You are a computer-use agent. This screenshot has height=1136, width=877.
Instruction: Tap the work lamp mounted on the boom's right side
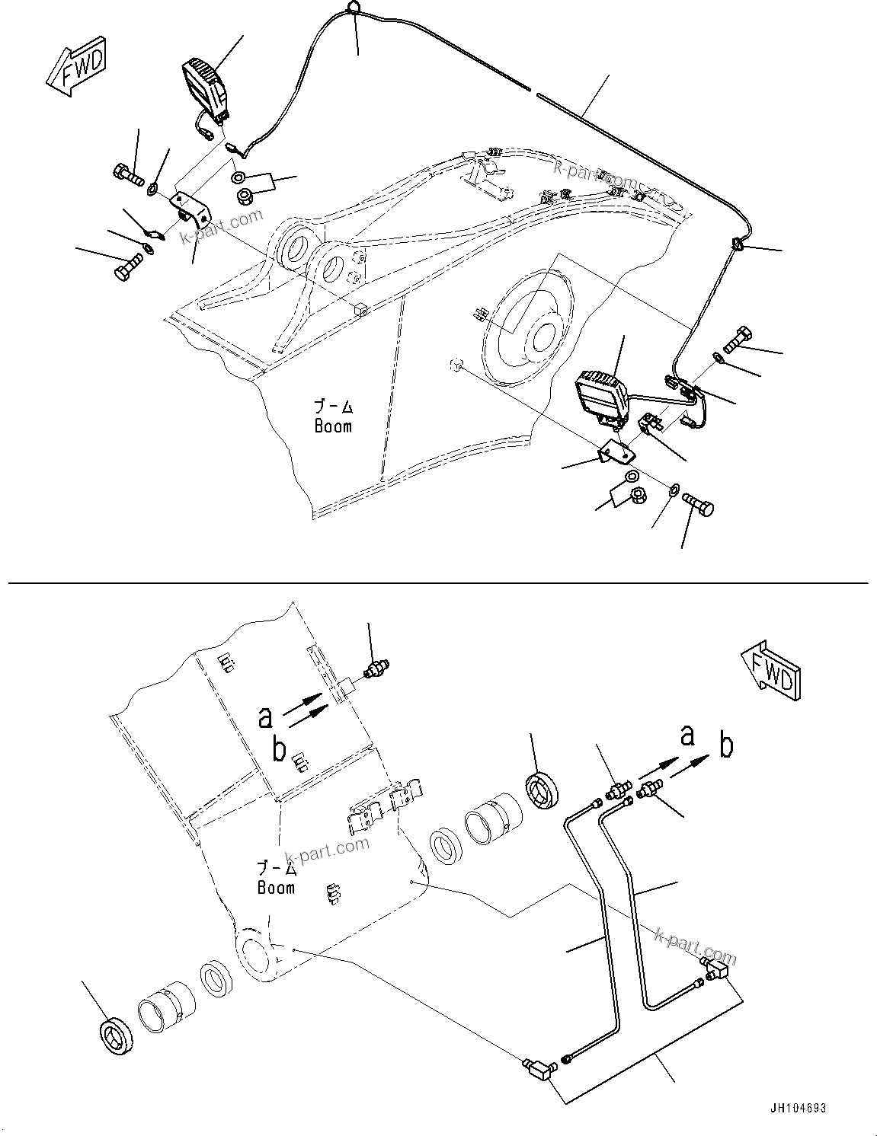(603, 396)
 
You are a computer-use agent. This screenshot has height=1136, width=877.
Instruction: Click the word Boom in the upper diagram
(333, 426)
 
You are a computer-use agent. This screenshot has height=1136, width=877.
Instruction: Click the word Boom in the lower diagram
(276, 887)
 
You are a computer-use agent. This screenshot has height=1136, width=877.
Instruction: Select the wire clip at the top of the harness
(353, 8)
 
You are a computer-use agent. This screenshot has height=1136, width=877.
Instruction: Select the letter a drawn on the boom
(265, 716)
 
